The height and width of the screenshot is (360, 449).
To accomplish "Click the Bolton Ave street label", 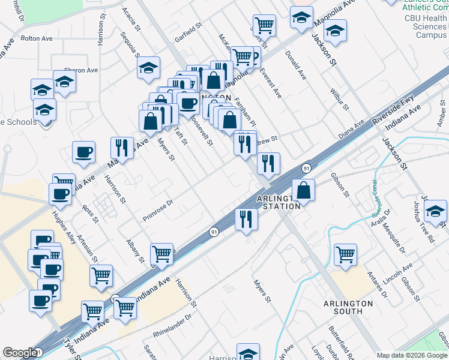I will (x=37, y=38).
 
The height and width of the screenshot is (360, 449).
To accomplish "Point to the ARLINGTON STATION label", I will (x=278, y=202).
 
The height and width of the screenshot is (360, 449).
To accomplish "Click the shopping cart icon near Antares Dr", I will (x=345, y=254).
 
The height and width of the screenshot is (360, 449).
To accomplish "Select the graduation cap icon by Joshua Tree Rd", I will (x=435, y=211).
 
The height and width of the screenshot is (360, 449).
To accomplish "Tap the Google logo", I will (x=20, y=353).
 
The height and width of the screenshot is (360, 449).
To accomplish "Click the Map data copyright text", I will (x=411, y=355).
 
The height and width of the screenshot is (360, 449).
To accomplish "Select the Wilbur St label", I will (x=339, y=99).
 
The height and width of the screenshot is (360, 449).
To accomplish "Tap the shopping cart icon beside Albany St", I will (x=161, y=254).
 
